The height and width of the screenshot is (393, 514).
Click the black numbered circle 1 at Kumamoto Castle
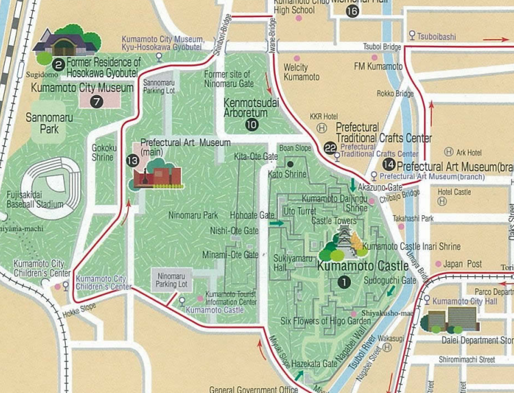coord(343,280)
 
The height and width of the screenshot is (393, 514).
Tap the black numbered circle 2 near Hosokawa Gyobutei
coord(59,64)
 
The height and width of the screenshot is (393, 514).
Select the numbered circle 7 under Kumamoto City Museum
coord(97,102)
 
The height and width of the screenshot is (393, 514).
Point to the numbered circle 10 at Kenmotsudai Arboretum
coord(252,124)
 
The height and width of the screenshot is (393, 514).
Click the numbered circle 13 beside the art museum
coord(132,160)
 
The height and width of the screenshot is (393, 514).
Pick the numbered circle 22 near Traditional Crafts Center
coord(330,147)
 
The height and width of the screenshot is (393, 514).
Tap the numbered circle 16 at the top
coord(352,10)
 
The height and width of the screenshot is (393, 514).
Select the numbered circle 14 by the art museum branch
coord(389,165)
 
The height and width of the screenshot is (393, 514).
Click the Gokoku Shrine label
coord(103,152)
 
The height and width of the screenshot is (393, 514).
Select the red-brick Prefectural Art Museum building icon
coord(157,176)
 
